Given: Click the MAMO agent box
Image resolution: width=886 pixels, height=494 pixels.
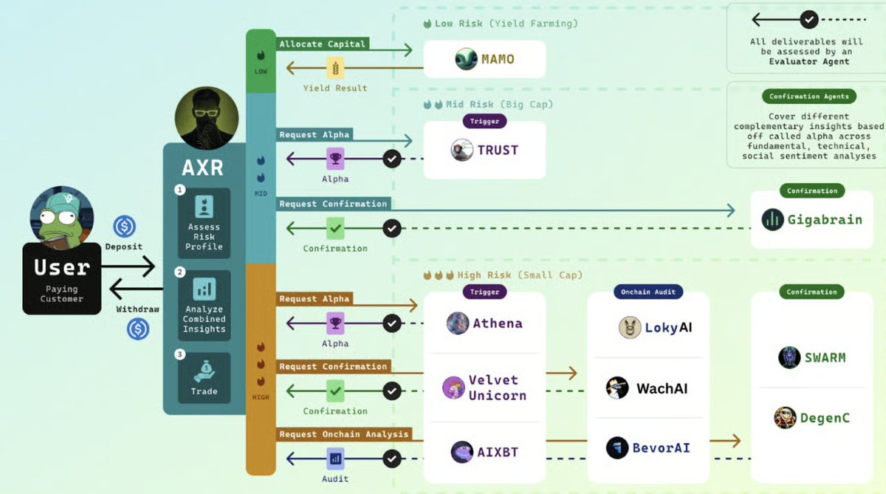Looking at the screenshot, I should click(484, 59).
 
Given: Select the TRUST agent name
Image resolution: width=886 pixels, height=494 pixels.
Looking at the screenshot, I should click(498, 150).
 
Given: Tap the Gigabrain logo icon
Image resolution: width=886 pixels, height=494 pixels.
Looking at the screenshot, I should click(772, 219).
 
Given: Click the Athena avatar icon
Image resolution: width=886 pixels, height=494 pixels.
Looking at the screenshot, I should click(458, 323).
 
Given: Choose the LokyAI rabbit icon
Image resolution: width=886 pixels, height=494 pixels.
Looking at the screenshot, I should click(630, 327).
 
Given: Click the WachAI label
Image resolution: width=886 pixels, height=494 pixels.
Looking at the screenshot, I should click(662, 388).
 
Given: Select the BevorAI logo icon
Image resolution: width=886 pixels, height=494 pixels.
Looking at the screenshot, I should click(617, 447).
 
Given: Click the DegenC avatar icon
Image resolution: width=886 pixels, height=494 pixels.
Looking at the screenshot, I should click(785, 418).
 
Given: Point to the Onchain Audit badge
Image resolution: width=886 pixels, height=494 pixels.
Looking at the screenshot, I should click(648, 292).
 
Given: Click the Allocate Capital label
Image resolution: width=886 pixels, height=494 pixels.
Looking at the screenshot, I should click(322, 44).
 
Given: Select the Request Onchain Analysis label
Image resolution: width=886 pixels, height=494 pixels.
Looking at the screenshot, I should click(343, 434).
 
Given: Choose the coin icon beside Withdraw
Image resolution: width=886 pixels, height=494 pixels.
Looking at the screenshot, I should click(138, 329).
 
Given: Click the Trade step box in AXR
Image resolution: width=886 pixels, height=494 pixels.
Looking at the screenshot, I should click(204, 377).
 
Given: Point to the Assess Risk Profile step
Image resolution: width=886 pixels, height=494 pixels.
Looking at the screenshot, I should click(204, 223).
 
